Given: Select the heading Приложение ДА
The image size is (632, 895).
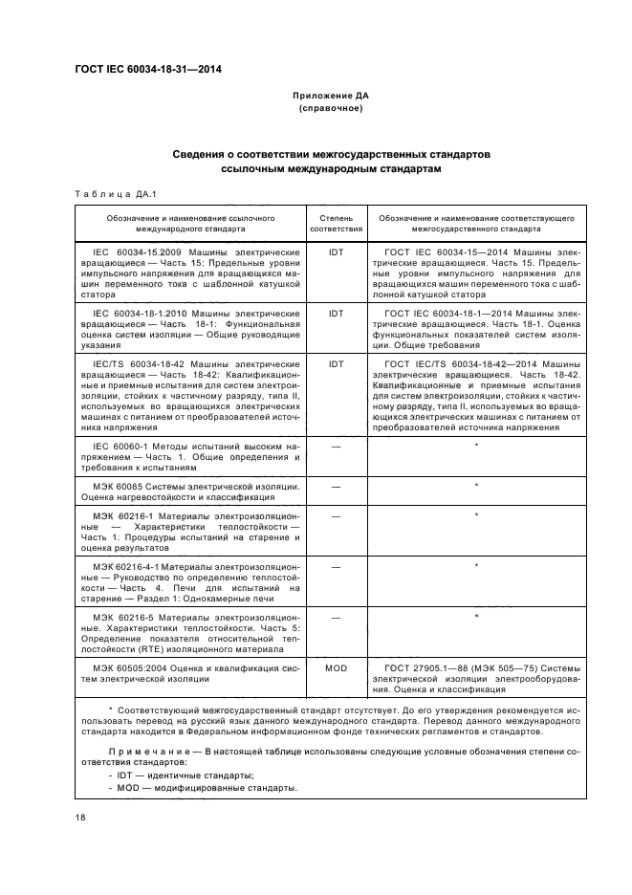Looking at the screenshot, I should click(x=330, y=97).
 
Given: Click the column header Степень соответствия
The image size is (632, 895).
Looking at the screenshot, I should click(x=336, y=224).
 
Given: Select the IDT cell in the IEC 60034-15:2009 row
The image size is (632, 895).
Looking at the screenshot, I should click(x=336, y=252).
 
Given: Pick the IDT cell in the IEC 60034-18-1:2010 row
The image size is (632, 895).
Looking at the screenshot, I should click(x=336, y=313).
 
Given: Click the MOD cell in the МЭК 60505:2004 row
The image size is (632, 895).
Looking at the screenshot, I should click(x=336, y=668).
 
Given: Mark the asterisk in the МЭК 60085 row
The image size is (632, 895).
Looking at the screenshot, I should click(x=476, y=487).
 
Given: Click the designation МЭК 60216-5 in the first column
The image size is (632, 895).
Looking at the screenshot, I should click(x=126, y=617).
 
